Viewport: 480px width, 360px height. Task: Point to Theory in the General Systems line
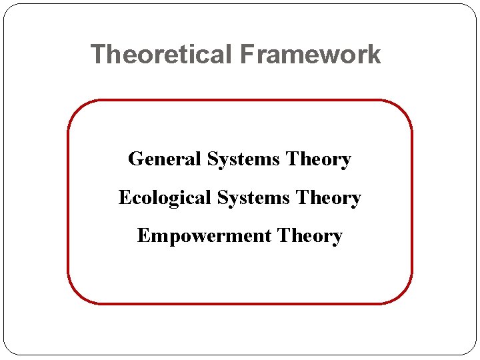(318, 159)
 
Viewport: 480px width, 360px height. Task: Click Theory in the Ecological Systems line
(328, 198)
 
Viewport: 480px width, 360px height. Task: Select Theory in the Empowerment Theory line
(310, 236)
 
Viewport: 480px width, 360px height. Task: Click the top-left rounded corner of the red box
(77, 110)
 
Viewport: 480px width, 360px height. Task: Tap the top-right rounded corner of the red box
(403, 110)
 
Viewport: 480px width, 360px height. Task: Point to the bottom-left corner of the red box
(77, 294)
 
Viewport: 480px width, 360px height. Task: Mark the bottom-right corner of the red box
(403, 294)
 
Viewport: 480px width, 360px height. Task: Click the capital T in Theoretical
(97, 54)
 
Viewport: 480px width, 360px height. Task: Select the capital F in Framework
(246, 54)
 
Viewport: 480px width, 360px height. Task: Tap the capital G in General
(135, 159)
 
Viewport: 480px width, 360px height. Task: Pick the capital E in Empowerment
(143, 236)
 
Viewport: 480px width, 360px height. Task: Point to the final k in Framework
(375, 54)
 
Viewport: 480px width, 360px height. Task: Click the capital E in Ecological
(124, 197)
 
